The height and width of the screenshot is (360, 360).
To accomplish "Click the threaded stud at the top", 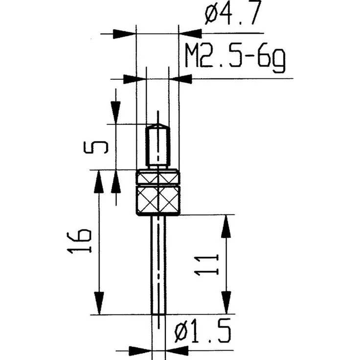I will coord(157,145).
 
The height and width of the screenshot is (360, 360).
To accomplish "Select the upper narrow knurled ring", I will coord(157,177).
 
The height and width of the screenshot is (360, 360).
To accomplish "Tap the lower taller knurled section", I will coord(157,200).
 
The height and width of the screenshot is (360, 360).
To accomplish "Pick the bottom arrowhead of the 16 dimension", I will coord(99,303).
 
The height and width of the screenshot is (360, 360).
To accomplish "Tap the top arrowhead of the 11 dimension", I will coord(226,225).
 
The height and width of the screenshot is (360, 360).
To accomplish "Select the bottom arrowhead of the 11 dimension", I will coord(226,302).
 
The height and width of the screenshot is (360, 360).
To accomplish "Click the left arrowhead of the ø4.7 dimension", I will coord(124,34).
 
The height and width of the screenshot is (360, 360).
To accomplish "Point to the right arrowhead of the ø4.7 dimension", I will coord(190,34).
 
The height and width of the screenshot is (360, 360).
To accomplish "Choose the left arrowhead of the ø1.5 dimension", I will coord(140,350).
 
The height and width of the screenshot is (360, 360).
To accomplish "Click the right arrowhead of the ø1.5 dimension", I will coord(177,350).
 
